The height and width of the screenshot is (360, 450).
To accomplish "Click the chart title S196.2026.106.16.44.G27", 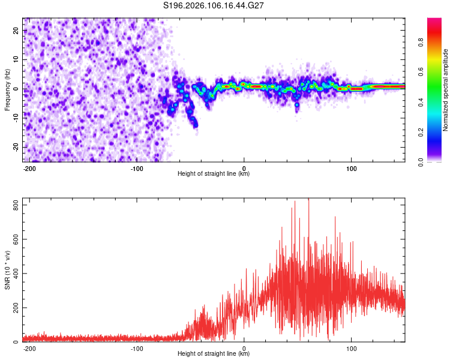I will click(214, 6).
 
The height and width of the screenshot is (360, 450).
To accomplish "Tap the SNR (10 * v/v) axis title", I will click(7, 270).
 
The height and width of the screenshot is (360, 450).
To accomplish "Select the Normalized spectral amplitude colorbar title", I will click(446, 90).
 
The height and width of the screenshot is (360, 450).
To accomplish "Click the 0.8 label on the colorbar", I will click(437, 43).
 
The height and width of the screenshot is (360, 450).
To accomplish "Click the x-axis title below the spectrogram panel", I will click(214, 174).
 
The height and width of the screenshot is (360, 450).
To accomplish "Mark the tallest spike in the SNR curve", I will click(308, 200).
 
